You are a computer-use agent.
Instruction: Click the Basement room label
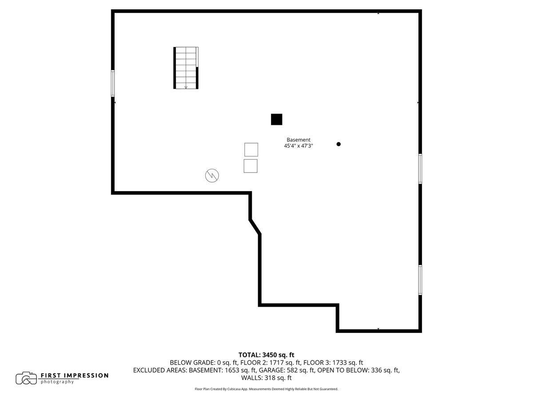(x=298, y=140)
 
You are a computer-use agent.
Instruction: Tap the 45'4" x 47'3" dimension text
(x=298, y=146)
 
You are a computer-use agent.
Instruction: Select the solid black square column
(x=276, y=120)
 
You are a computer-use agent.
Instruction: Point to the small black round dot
(x=338, y=144)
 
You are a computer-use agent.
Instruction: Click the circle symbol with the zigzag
(x=212, y=176)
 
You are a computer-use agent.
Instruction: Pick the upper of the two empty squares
(x=251, y=149)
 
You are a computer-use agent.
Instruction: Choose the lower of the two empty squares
(x=251, y=166)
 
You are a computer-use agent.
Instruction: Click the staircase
(x=186, y=68)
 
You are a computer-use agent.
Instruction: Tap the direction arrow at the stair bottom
(x=186, y=87)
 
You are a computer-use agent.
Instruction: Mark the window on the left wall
(x=113, y=83)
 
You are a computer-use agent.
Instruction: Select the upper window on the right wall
(x=420, y=168)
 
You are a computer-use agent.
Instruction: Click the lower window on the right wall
(x=420, y=280)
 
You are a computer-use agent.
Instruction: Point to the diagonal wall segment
(x=255, y=226)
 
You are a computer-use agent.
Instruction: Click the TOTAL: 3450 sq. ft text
(x=266, y=355)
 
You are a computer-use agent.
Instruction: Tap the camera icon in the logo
(x=26, y=378)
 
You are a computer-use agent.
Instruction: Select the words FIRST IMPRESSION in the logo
(x=75, y=376)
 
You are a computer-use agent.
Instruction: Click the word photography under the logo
(x=57, y=382)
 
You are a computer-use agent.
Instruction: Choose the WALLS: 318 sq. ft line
(x=266, y=378)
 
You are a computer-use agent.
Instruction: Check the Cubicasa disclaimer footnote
(x=266, y=389)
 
